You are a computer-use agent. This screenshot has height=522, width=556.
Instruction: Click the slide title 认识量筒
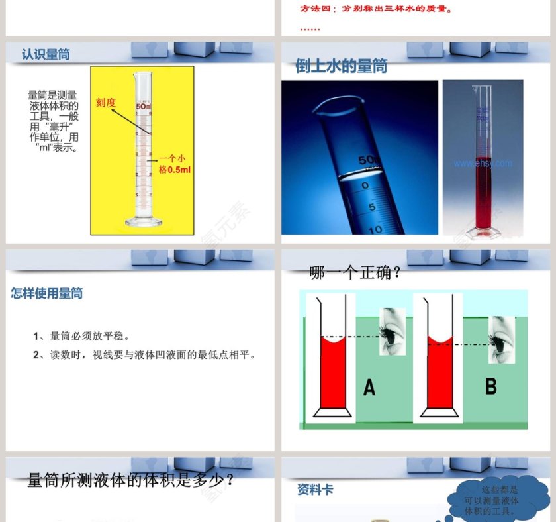click(x=46, y=54)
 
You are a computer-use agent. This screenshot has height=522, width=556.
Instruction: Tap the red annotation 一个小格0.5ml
click(x=174, y=164)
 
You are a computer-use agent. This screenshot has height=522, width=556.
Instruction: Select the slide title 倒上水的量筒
click(x=341, y=66)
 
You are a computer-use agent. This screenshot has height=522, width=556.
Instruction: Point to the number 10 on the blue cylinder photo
click(x=375, y=229)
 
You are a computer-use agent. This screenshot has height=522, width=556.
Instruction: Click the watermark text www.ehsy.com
click(x=483, y=163)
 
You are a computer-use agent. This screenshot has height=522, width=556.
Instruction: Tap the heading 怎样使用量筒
click(x=46, y=293)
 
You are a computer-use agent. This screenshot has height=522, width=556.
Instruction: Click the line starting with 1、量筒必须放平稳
click(x=81, y=336)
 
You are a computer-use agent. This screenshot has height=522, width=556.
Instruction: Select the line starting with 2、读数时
click(x=144, y=355)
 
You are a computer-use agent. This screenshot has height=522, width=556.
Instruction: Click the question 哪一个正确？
click(x=355, y=272)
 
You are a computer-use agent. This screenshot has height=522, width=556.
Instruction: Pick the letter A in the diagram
click(x=369, y=388)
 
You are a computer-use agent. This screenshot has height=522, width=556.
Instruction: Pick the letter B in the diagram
click(x=490, y=386)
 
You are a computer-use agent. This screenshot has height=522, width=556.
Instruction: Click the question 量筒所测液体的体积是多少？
click(x=130, y=480)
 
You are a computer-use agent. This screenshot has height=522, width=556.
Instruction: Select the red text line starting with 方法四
click(x=377, y=10)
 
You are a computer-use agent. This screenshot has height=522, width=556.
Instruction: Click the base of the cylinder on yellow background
click(x=142, y=222)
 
